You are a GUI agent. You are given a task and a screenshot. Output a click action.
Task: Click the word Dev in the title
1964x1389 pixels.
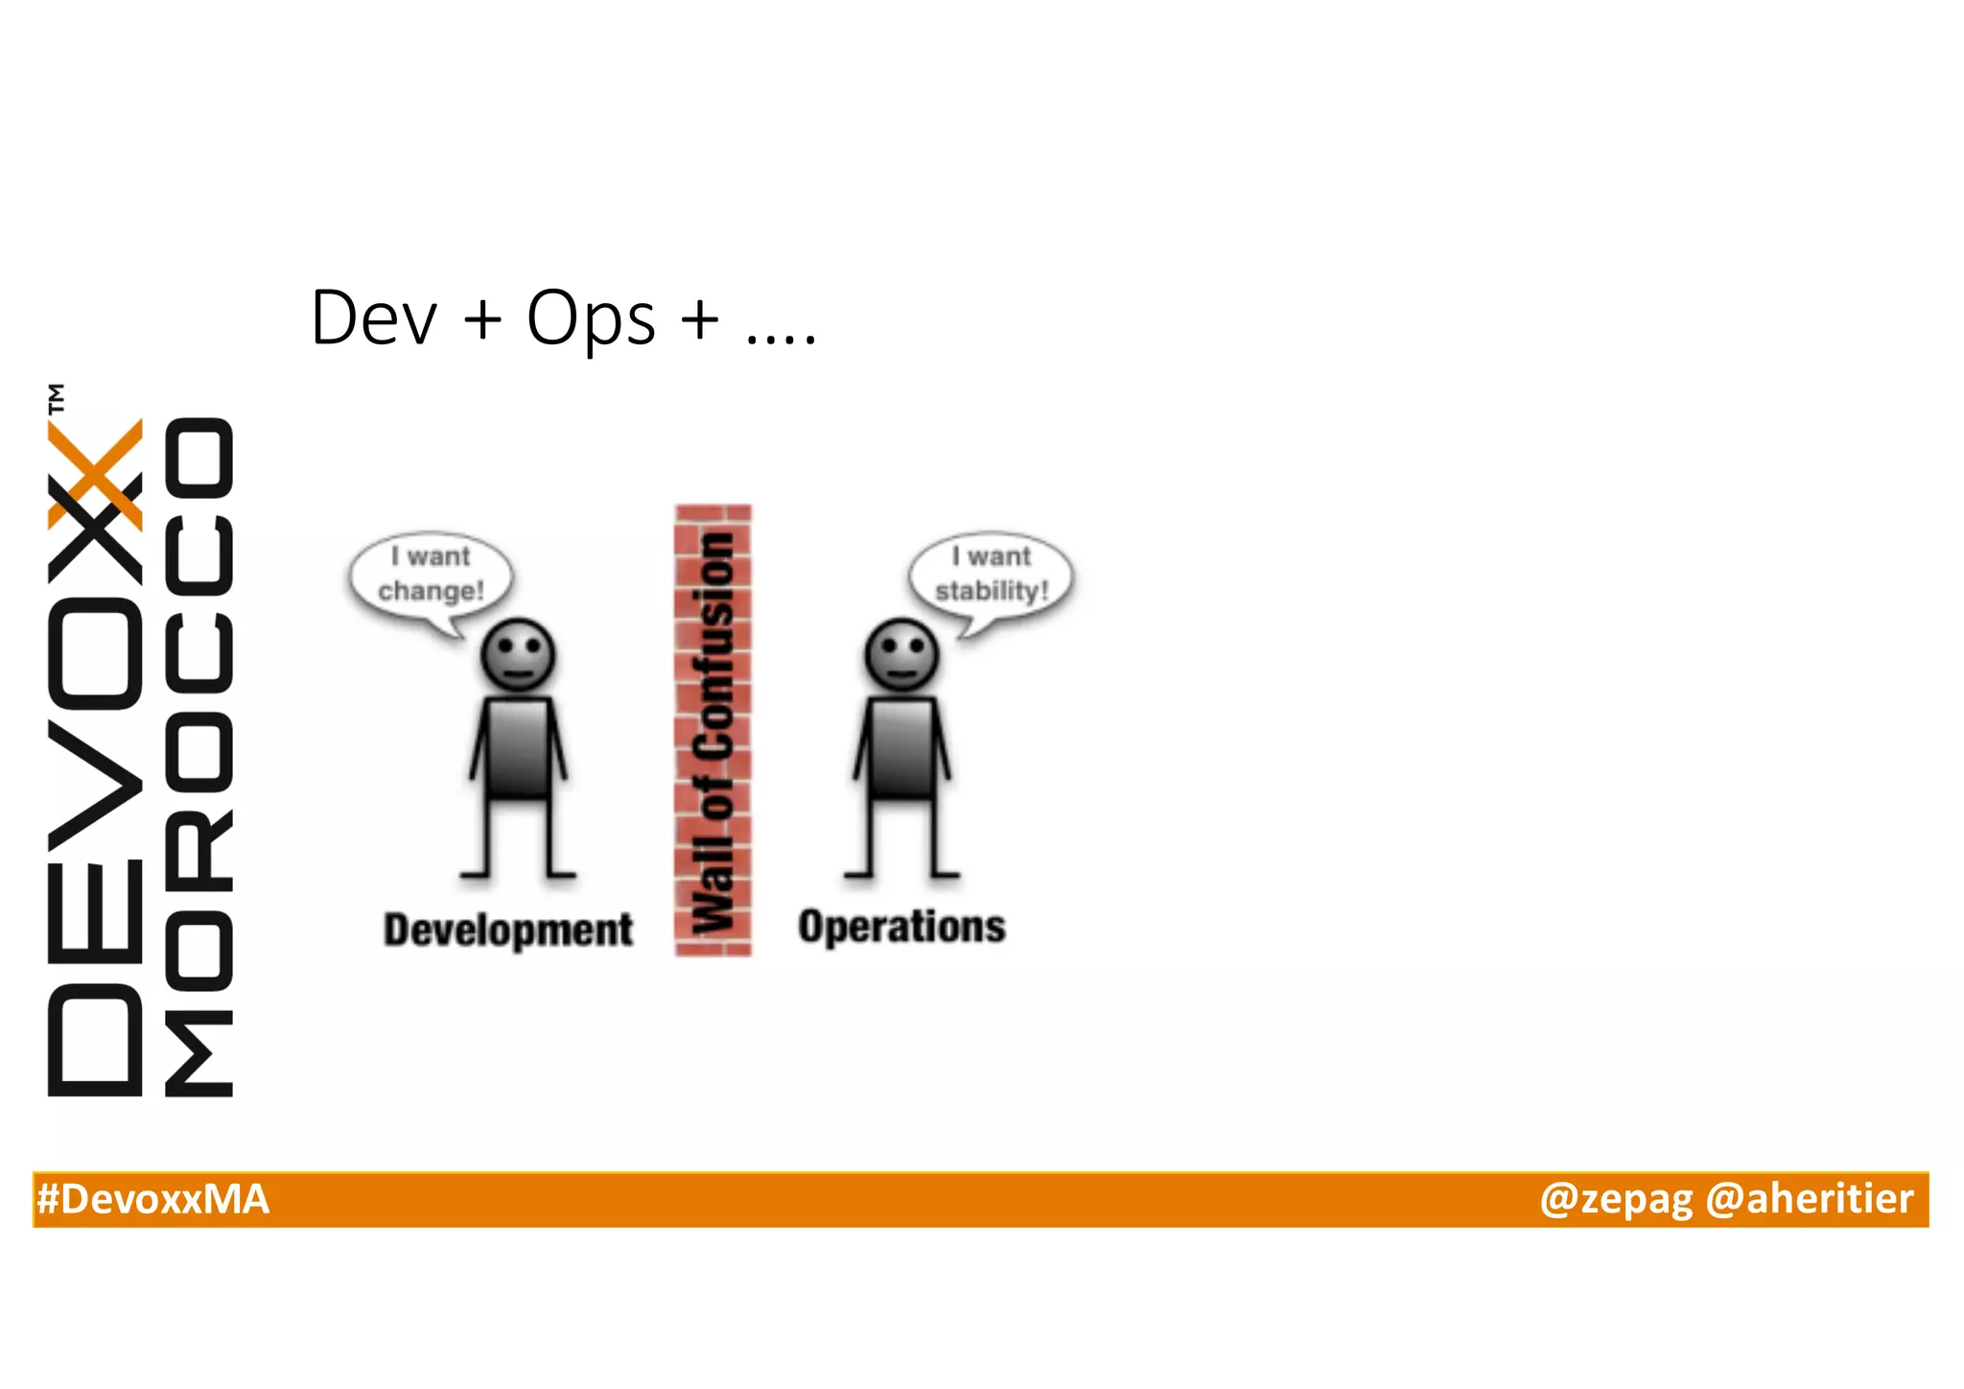(374, 318)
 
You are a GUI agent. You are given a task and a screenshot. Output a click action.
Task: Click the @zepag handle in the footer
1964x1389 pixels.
(1615, 1200)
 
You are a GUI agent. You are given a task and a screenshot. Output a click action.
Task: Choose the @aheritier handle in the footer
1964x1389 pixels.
(1809, 1200)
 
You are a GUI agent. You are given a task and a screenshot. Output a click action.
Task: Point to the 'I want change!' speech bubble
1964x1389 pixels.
(432, 576)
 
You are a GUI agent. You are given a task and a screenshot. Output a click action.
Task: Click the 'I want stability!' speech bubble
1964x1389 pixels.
(992, 576)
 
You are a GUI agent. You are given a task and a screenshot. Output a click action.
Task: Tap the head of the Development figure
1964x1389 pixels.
(518, 655)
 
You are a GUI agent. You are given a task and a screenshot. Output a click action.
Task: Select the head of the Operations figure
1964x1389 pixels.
(901, 655)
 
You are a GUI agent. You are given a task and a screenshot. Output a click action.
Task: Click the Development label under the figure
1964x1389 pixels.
(508, 930)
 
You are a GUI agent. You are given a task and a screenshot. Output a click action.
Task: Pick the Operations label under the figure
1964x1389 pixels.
(901, 927)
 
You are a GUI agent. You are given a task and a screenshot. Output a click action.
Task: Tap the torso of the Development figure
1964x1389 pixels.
(518, 748)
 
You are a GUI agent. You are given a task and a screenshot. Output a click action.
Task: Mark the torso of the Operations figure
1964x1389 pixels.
(901, 748)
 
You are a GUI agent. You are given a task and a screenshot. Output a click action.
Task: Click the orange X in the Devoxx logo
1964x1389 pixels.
(95, 475)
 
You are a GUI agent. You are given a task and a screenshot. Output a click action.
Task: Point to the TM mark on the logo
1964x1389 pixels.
(57, 397)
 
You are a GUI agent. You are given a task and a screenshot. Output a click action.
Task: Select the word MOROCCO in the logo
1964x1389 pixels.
(199, 758)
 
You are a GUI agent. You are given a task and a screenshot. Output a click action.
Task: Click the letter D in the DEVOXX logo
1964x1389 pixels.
(95, 1040)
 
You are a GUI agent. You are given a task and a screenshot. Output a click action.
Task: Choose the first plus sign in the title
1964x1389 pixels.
(482, 319)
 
